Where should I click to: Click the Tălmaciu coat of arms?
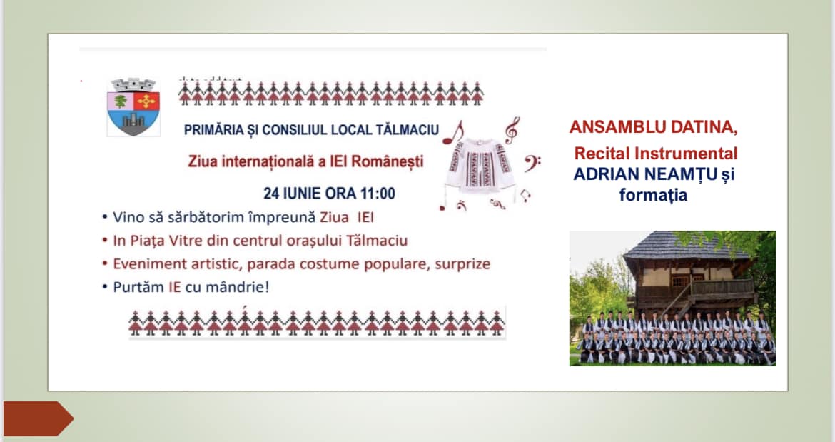coord(133,107)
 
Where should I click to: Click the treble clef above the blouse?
coord(512,130)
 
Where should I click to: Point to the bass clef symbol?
coord(531,163)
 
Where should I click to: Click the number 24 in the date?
coord(271,193)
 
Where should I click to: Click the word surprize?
coord(462,265)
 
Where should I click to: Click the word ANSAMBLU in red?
coord(612,126)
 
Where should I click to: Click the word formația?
coord(654,195)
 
